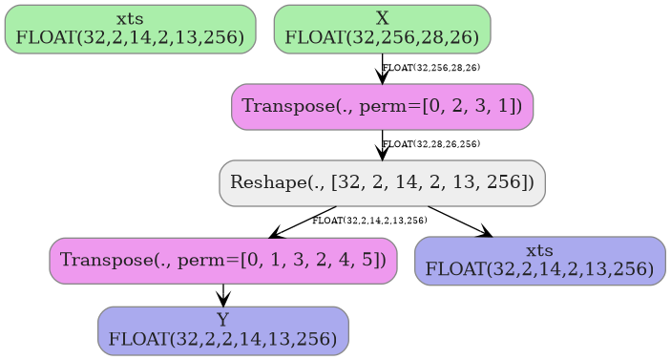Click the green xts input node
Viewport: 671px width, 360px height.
(130, 29)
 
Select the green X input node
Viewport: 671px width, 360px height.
(382, 29)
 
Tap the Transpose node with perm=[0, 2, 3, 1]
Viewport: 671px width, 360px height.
(382, 106)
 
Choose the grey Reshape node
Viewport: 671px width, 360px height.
(382, 182)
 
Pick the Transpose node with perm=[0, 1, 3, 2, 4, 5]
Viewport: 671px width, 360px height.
(223, 260)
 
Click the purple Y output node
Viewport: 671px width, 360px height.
(223, 329)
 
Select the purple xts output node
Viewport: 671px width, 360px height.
(539, 260)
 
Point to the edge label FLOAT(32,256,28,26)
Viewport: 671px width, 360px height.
(431, 68)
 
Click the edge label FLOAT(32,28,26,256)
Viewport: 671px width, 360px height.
(431, 144)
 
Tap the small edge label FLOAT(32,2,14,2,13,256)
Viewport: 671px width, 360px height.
(369, 221)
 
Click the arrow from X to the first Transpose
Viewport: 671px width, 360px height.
(383, 69)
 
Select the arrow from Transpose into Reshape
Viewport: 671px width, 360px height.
(383, 145)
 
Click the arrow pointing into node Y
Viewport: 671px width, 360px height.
(223, 295)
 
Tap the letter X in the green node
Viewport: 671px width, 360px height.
(382, 19)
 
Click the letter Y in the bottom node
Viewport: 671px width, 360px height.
(223, 319)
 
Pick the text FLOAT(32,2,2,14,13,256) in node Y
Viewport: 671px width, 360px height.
(223, 339)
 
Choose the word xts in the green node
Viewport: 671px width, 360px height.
(130, 19)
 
